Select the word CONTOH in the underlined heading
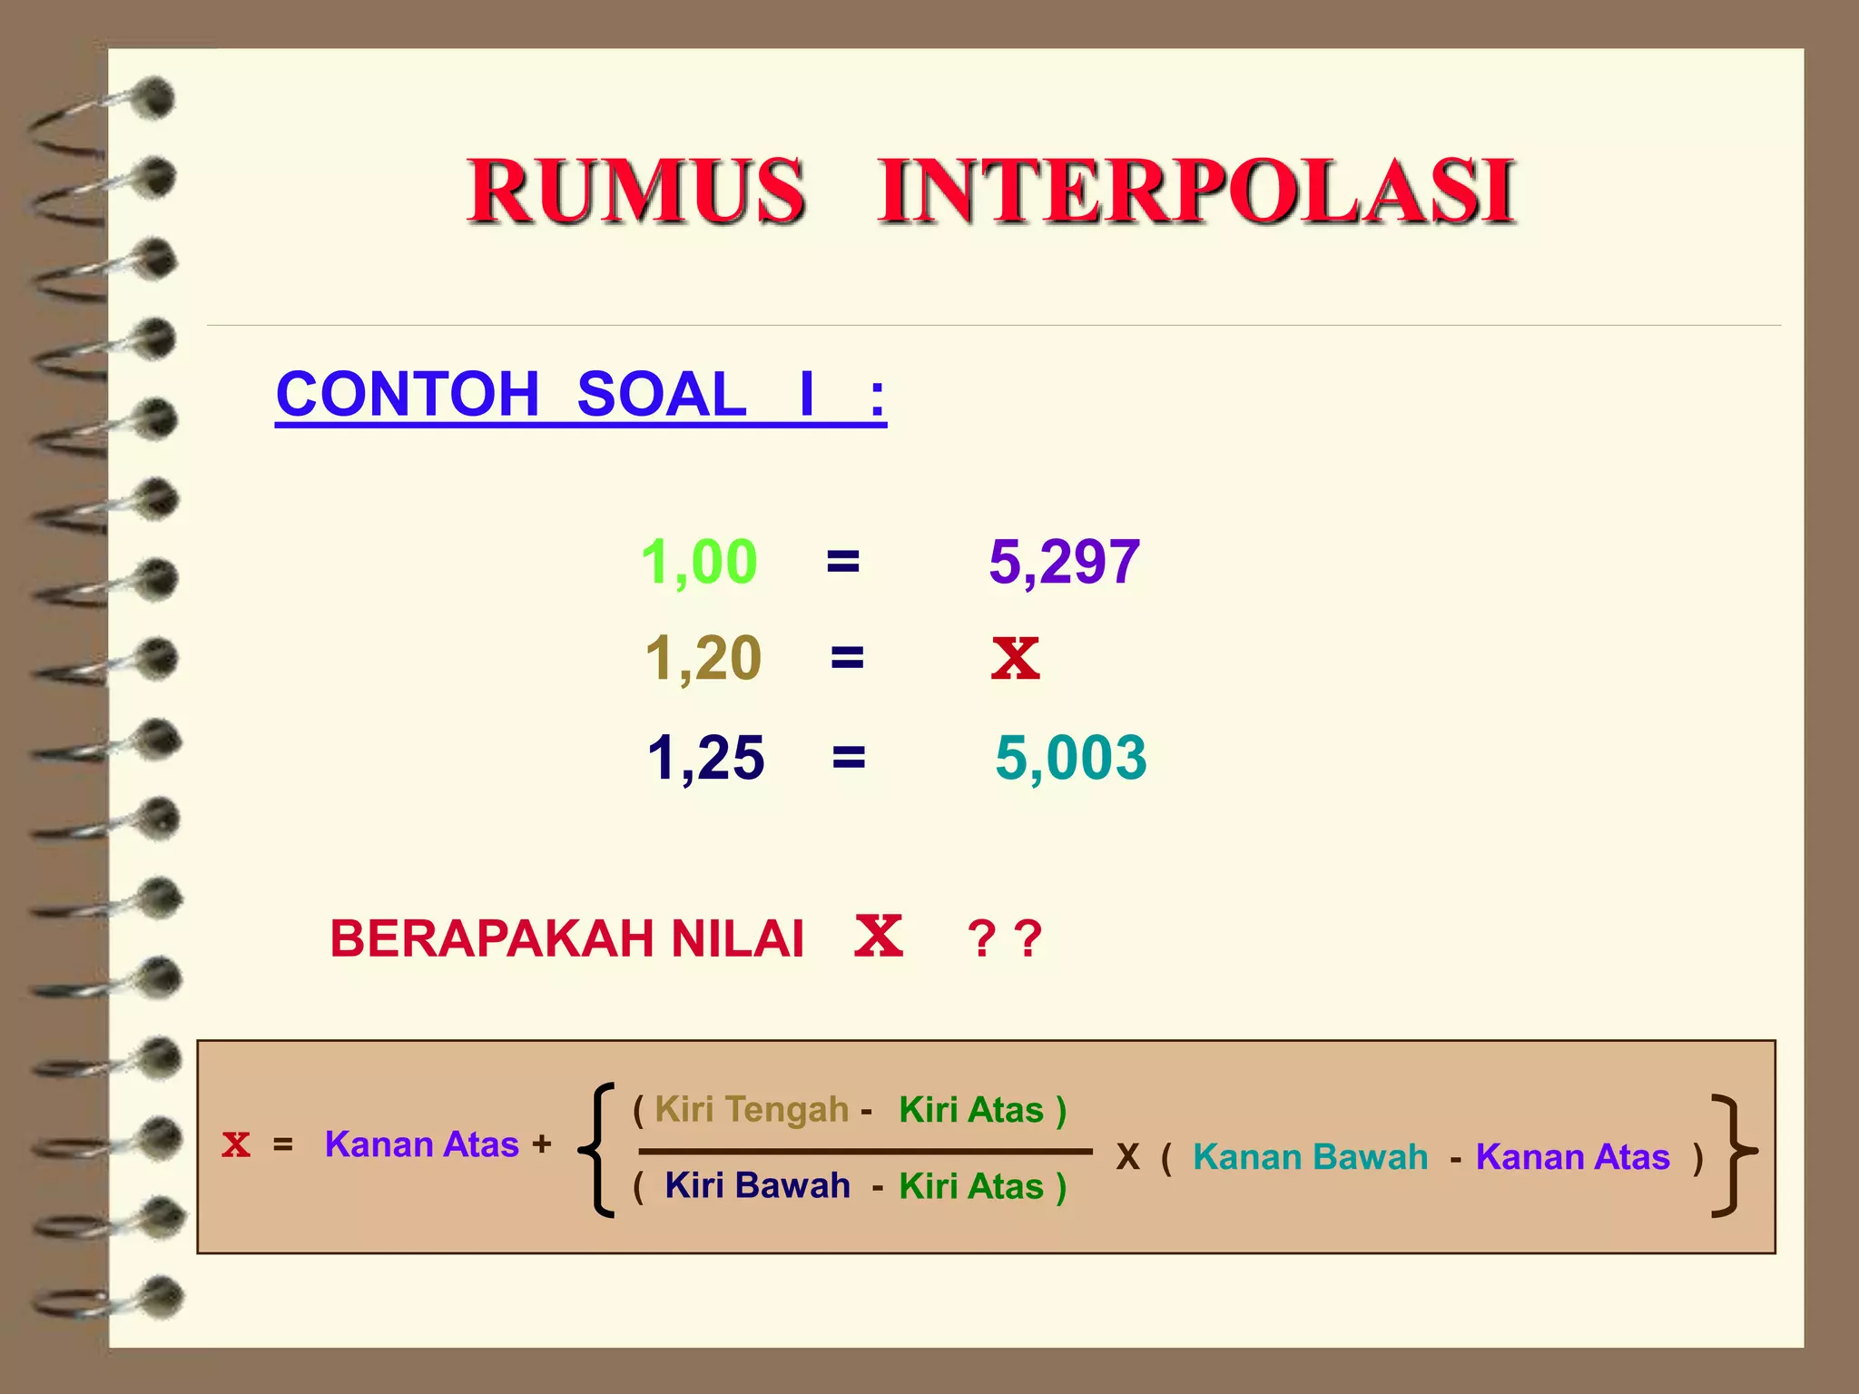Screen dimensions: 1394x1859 click(408, 395)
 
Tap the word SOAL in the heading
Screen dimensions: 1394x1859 click(662, 395)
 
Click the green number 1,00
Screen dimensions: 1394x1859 click(699, 562)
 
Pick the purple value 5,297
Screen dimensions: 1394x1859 click(1064, 562)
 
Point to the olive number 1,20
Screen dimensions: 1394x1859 click(703, 658)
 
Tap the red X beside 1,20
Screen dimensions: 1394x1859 click(1015, 658)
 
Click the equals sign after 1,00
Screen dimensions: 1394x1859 click(842, 563)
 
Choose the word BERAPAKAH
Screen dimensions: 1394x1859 click(493, 938)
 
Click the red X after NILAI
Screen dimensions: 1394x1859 click(879, 937)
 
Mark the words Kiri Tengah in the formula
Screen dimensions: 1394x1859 click(752, 1109)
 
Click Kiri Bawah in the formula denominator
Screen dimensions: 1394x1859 click(757, 1185)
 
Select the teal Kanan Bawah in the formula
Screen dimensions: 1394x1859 click(1310, 1157)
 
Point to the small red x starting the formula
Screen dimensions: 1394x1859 click(236, 1144)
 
